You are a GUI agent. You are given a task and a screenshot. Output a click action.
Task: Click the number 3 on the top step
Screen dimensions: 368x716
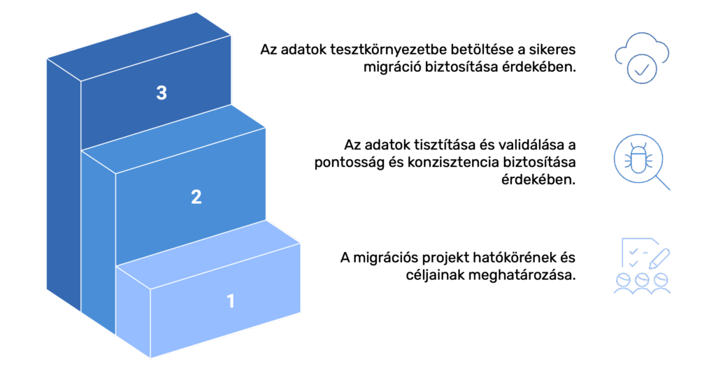[162, 93]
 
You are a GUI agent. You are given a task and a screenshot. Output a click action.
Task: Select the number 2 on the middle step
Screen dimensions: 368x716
[196, 197]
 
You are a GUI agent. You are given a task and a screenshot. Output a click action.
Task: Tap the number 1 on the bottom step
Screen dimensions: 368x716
[231, 302]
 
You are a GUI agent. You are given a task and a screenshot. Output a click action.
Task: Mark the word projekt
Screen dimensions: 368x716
[448, 258]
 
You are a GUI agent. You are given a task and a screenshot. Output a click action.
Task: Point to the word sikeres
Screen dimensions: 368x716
[554, 50]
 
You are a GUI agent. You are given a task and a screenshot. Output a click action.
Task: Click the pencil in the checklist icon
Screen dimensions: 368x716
[659, 257]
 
